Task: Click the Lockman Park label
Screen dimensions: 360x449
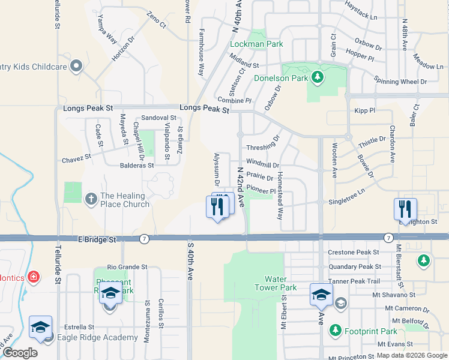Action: (x=257, y=44)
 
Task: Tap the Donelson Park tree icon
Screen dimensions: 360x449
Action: (x=317, y=77)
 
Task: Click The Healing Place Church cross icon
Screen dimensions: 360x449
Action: (x=91, y=198)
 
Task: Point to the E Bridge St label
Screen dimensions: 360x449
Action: (x=97, y=239)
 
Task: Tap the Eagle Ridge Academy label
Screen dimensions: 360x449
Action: (x=97, y=337)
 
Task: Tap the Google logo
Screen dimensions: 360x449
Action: (x=20, y=353)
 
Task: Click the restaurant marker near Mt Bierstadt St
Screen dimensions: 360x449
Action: (x=405, y=209)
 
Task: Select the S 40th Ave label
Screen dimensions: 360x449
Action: (x=190, y=261)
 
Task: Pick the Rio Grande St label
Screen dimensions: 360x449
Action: (x=127, y=267)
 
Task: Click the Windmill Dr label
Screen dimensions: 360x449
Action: (x=262, y=164)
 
